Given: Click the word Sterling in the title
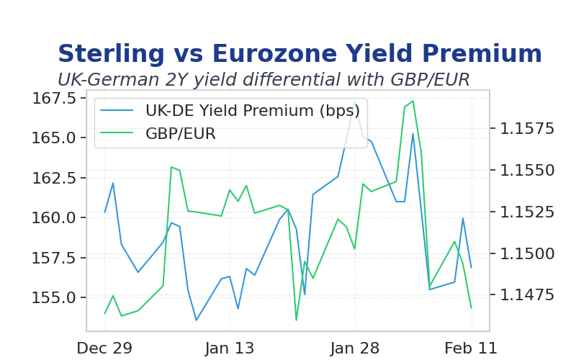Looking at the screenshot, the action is (x=112, y=54).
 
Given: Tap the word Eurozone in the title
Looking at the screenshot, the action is (x=275, y=53).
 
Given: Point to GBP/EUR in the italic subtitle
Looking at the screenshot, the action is (x=430, y=80).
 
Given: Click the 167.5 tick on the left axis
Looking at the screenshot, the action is (x=54, y=99).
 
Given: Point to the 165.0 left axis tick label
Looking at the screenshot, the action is (x=54, y=138).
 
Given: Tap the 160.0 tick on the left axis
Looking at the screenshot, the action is (x=54, y=218).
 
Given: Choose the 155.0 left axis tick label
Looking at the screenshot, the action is (x=54, y=297).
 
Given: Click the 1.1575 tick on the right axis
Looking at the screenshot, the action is (x=527, y=129).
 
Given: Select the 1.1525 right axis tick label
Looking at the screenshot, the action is (x=527, y=212).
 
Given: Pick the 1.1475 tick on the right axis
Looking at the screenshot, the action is (x=527, y=294).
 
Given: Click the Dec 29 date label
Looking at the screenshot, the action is (x=104, y=348).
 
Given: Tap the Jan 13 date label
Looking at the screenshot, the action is (x=230, y=348).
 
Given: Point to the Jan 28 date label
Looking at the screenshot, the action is (x=355, y=348).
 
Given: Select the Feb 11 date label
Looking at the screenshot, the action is (x=471, y=348).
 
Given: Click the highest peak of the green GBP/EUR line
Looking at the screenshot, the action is (x=413, y=101).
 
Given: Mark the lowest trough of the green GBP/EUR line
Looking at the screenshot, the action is (x=297, y=320).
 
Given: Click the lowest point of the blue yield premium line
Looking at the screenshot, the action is (x=196, y=320).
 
